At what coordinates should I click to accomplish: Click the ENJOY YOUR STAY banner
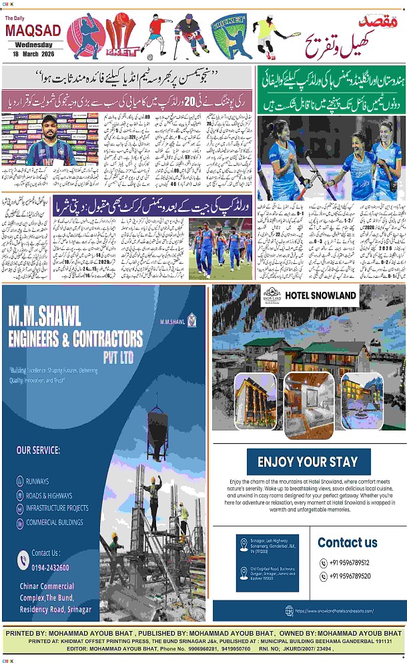[x=308, y=461]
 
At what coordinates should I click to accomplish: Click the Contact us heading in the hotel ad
[x=347, y=542]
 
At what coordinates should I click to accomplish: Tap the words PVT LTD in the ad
[x=118, y=358]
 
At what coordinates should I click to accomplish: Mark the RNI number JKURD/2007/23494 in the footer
[x=306, y=646]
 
